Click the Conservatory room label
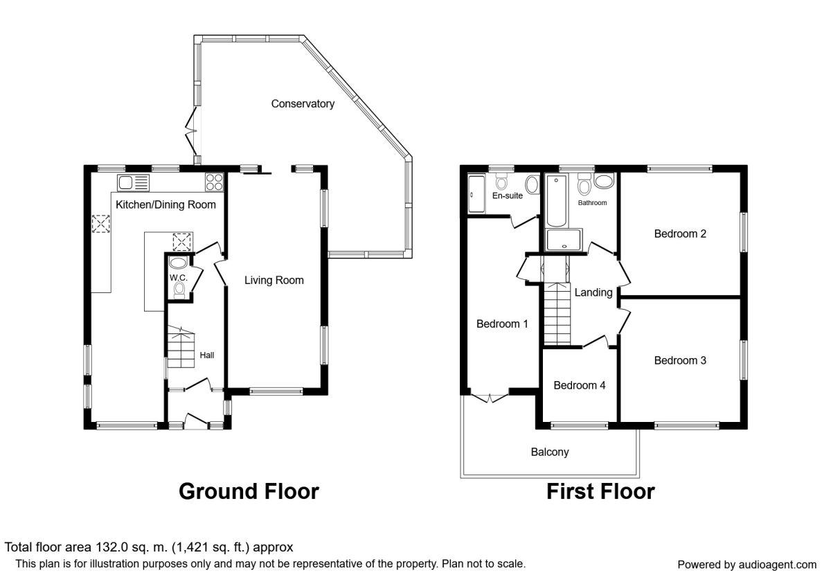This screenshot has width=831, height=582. [303, 104]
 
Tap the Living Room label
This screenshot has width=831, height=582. [274, 280]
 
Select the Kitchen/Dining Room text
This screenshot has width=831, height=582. [166, 204]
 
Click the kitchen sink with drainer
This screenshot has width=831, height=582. [134, 183]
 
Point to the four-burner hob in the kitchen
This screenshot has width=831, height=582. [215, 182]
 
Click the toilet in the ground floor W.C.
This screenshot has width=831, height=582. [179, 290]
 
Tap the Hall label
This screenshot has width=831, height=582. [206, 355]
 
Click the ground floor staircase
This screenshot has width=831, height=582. [181, 346]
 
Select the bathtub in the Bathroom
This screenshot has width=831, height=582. [556, 201]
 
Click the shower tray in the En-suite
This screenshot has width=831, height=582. [476, 194]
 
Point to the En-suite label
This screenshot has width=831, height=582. [507, 195]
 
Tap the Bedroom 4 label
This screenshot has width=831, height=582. [579, 385]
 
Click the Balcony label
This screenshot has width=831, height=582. [550, 452]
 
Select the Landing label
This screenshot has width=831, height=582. [593, 292]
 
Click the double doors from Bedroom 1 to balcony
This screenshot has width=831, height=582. [490, 396]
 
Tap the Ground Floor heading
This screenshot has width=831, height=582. [249, 491]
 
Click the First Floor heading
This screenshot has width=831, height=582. [600, 491]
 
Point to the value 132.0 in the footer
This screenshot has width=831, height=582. [109, 547]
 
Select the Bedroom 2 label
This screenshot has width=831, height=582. [680, 234]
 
